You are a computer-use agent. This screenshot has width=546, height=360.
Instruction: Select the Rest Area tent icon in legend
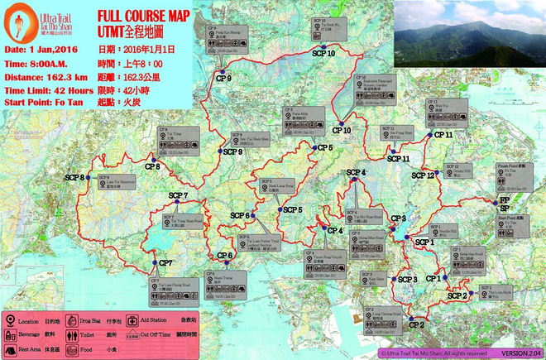coord(9,348)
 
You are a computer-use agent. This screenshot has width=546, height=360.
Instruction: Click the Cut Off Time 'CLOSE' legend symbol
coord(132,338)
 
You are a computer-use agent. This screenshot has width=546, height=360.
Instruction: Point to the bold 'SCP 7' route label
coord(179,195)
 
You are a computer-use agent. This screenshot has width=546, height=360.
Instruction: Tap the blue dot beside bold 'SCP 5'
coord(277,209)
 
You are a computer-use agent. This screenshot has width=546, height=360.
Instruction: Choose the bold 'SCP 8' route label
coord(76,177)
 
